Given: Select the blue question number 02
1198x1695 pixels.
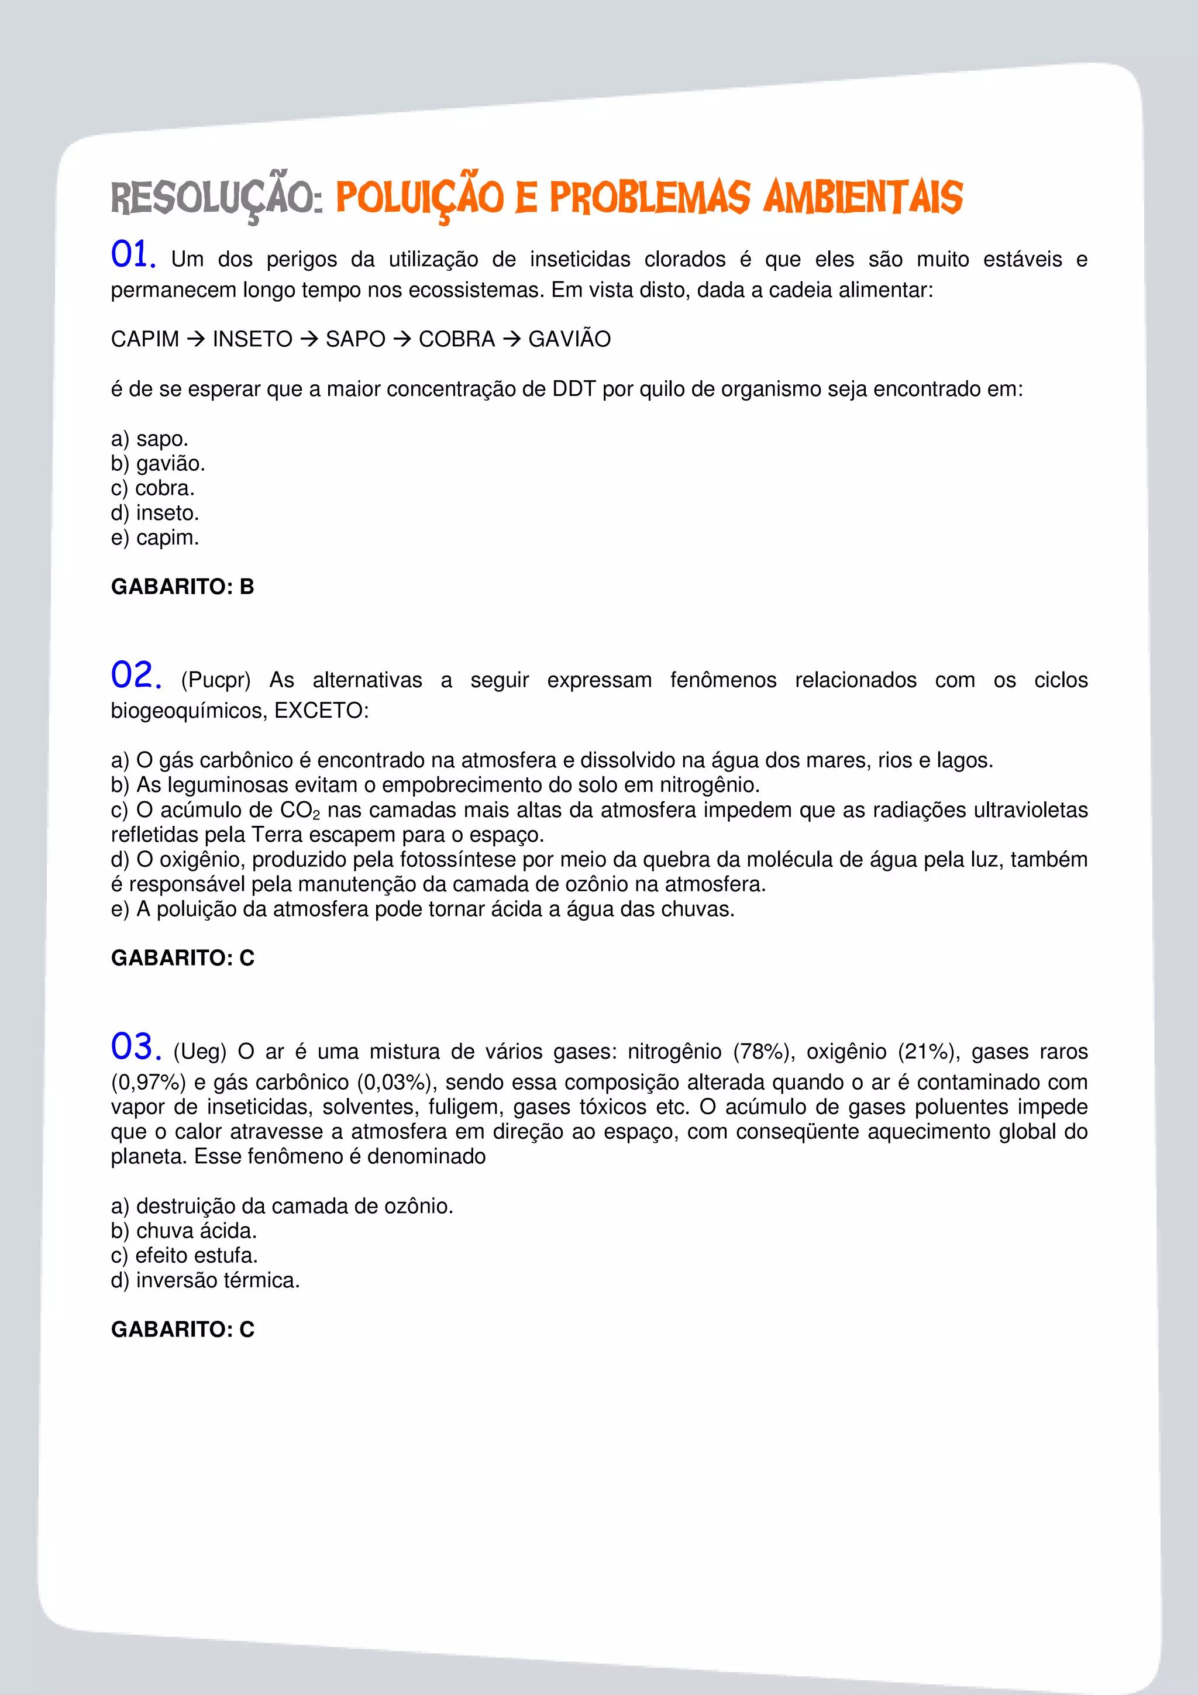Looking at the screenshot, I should click(x=136, y=676).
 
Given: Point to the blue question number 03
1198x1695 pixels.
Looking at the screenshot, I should click(x=136, y=1047).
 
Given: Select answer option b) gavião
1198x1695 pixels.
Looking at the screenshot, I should click(x=158, y=464).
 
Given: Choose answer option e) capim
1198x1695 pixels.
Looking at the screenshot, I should click(x=155, y=538).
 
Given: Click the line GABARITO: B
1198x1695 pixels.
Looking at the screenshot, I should click(x=183, y=586).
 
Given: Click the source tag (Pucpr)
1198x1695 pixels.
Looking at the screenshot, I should click(x=215, y=680).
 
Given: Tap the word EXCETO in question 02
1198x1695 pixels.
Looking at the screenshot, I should click(x=318, y=710).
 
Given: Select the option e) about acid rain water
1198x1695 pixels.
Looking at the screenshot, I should click(x=422, y=909).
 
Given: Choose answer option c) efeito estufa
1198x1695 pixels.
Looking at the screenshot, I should click(x=184, y=1255).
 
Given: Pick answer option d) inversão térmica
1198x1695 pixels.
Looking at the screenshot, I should click(x=205, y=1280).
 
